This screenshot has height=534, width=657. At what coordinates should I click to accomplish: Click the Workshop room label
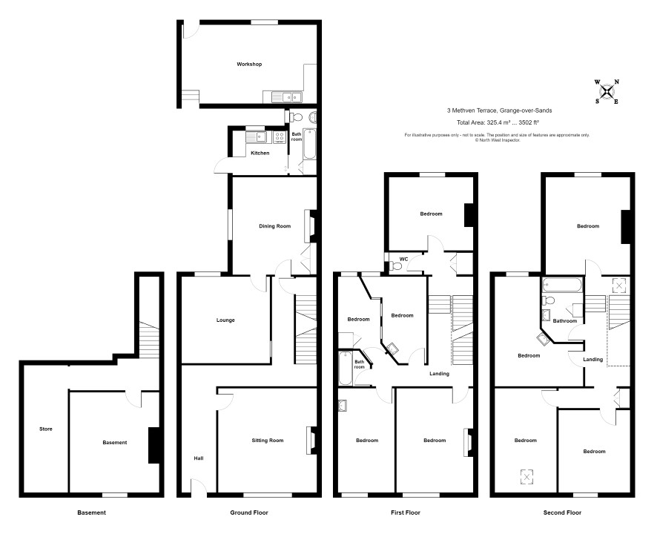pos(249,64)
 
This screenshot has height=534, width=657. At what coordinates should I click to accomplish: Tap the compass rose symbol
pos(607,91)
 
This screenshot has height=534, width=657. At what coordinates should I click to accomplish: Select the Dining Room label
pos(274,226)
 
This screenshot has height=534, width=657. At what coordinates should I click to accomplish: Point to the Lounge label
pos(225,320)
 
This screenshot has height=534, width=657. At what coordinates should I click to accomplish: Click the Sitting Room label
pos(268,441)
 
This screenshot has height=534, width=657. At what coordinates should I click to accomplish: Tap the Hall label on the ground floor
pos(199,458)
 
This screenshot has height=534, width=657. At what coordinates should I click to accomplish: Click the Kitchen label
pos(260,153)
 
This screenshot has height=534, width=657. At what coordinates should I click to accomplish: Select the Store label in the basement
pos(46,429)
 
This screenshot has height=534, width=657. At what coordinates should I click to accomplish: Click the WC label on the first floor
pos(403,259)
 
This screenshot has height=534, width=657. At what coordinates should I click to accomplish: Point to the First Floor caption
pos(406,512)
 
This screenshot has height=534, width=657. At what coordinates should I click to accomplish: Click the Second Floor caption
pos(562,512)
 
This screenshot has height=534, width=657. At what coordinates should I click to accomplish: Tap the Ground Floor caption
pos(249,512)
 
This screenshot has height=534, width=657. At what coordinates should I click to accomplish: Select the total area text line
pos(498,123)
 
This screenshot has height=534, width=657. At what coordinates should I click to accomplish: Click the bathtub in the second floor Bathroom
pos(562,285)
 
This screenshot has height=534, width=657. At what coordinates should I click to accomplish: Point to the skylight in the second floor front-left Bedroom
pos(526,476)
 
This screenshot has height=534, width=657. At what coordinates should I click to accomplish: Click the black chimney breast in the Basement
pos(154,445)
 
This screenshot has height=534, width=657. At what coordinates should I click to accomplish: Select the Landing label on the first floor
pos(439,374)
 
